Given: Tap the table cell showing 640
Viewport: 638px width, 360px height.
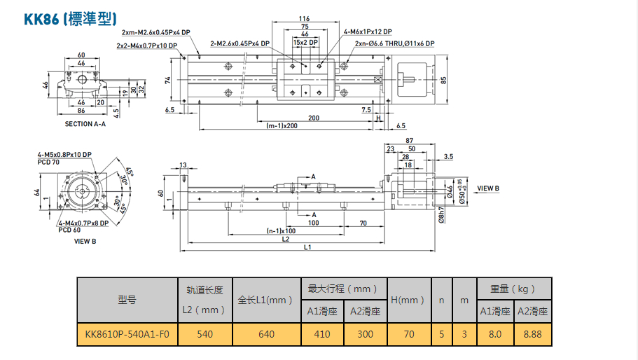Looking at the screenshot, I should click(266, 334).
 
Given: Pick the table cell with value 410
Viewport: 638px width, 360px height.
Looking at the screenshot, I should click(322, 334).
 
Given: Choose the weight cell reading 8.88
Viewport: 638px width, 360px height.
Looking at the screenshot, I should click(532, 334).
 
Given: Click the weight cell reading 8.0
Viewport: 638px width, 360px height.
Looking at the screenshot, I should click(495, 334).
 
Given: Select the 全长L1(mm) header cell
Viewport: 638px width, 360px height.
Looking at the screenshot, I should click(266, 300).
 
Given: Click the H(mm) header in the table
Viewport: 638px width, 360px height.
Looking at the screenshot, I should click(408, 300).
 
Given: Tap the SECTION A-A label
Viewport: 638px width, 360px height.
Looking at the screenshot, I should click(88, 124).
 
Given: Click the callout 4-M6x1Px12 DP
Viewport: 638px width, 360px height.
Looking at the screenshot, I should click(368, 32).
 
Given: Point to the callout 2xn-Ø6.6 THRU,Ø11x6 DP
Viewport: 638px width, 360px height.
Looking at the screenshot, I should click(394, 43).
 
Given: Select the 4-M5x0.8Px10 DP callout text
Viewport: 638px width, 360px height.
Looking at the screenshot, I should click(64, 155).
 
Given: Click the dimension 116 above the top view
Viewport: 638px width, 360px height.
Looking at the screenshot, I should click(304, 19).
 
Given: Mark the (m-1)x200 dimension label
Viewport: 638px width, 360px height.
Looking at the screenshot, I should click(282, 126).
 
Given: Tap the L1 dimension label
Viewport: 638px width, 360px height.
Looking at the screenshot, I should click(307, 248).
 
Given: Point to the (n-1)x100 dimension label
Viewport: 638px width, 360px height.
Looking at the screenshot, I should click(281, 230).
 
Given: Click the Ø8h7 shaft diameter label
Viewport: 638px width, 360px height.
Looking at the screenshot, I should click(441, 214).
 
